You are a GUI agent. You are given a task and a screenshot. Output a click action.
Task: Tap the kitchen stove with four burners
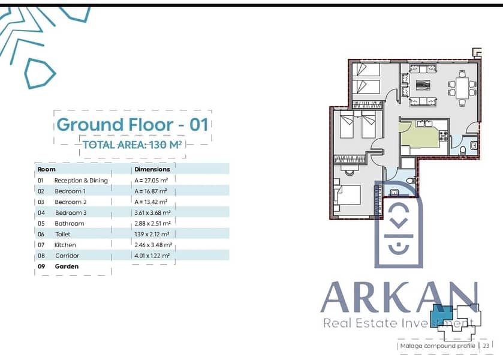point(444,136)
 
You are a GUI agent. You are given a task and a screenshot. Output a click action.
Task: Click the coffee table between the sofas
point(423,85)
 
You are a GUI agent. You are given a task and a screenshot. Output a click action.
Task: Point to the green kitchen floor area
point(417,135)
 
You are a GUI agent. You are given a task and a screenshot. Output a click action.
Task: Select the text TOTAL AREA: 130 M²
point(132,145)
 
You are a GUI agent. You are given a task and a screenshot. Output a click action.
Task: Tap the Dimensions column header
point(152,169)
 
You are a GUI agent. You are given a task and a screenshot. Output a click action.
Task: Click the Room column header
point(47,169)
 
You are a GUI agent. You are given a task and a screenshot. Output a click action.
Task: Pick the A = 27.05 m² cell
point(151,181)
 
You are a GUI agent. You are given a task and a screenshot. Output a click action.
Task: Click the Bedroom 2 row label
point(71,202)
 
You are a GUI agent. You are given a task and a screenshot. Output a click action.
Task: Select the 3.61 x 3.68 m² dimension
point(152,212)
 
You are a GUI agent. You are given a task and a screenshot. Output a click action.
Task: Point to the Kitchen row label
point(65,245)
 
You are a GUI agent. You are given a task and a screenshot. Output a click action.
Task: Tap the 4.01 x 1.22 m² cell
point(152,256)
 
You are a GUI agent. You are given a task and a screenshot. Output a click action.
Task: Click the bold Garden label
point(67,266)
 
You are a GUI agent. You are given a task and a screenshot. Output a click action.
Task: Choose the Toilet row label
point(63,234)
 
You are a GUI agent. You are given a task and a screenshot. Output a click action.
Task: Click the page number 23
point(486,346)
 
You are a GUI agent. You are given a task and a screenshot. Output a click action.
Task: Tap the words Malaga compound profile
point(438,346)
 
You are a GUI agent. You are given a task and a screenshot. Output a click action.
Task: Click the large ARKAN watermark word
point(399,297)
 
